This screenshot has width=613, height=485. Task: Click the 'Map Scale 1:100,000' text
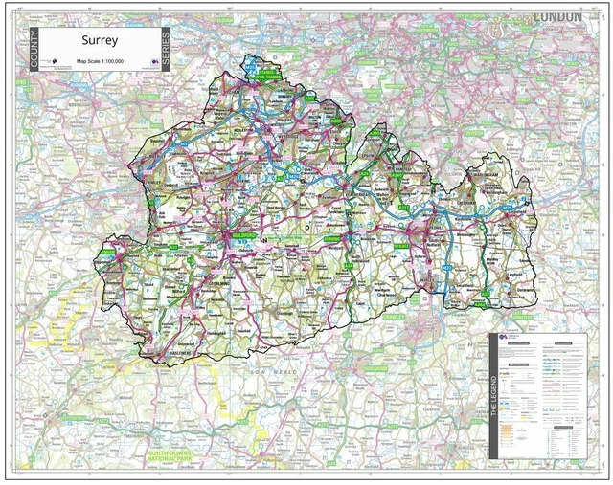(x=100, y=60)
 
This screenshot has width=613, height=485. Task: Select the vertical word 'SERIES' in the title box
(x=165, y=50)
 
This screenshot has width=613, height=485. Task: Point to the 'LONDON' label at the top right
(x=557, y=17)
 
